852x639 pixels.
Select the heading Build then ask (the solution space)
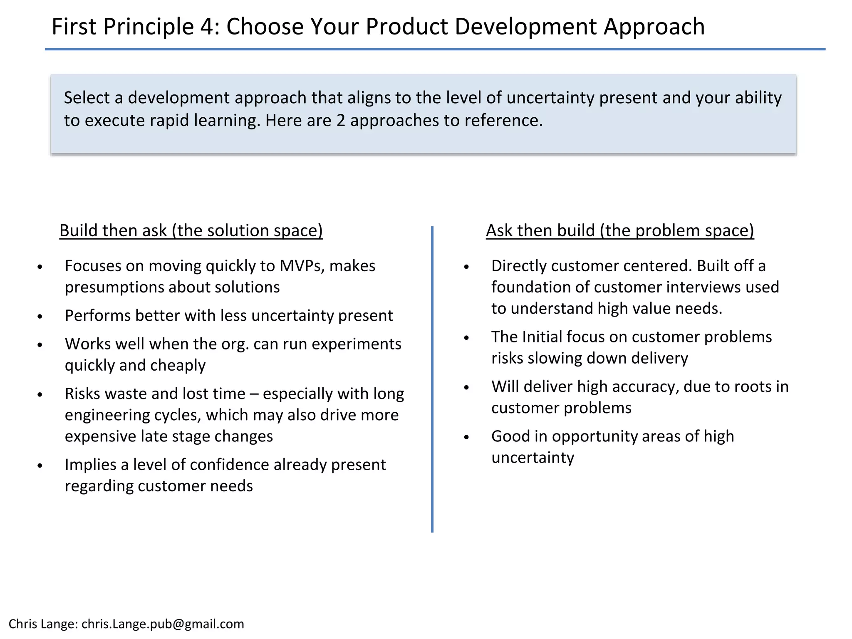[191, 230]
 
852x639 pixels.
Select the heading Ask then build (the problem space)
[619, 230]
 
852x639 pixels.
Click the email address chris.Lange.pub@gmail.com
[163, 624]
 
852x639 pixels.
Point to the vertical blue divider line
[432, 379]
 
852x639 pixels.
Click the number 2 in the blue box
[341, 121]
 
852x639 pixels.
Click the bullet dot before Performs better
[40, 317]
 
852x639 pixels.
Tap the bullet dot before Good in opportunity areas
[466, 437]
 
